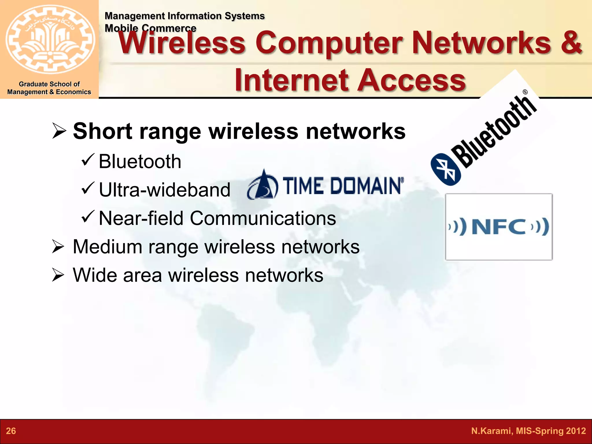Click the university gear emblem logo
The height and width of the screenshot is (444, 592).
click(x=50, y=40)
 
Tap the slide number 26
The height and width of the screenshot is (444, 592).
click(x=11, y=431)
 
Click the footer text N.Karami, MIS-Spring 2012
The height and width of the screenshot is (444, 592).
click(x=528, y=431)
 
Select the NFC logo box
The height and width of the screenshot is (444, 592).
click(x=499, y=227)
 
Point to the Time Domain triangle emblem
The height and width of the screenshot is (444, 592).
click(x=263, y=185)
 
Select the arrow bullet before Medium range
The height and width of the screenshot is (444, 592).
click(x=58, y=247)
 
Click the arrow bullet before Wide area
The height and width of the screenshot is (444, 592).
click(x=58, y=275)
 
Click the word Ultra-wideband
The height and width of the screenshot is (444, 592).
click(x=164, y=190)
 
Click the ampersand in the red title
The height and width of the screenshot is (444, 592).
click(x=571, y=43)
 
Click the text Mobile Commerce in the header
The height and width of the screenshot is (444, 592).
click(x=150, y=28)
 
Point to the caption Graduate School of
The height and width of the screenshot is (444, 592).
click(x=49, y=84)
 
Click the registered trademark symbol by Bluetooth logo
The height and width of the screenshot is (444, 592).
click(x=525, y=92)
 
